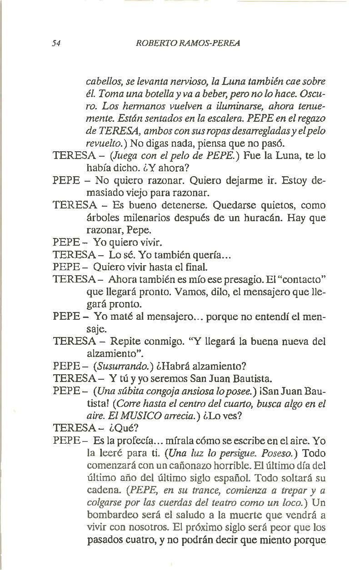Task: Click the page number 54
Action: [x=57, y=44]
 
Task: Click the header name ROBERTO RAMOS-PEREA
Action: [x=188, y=44]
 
